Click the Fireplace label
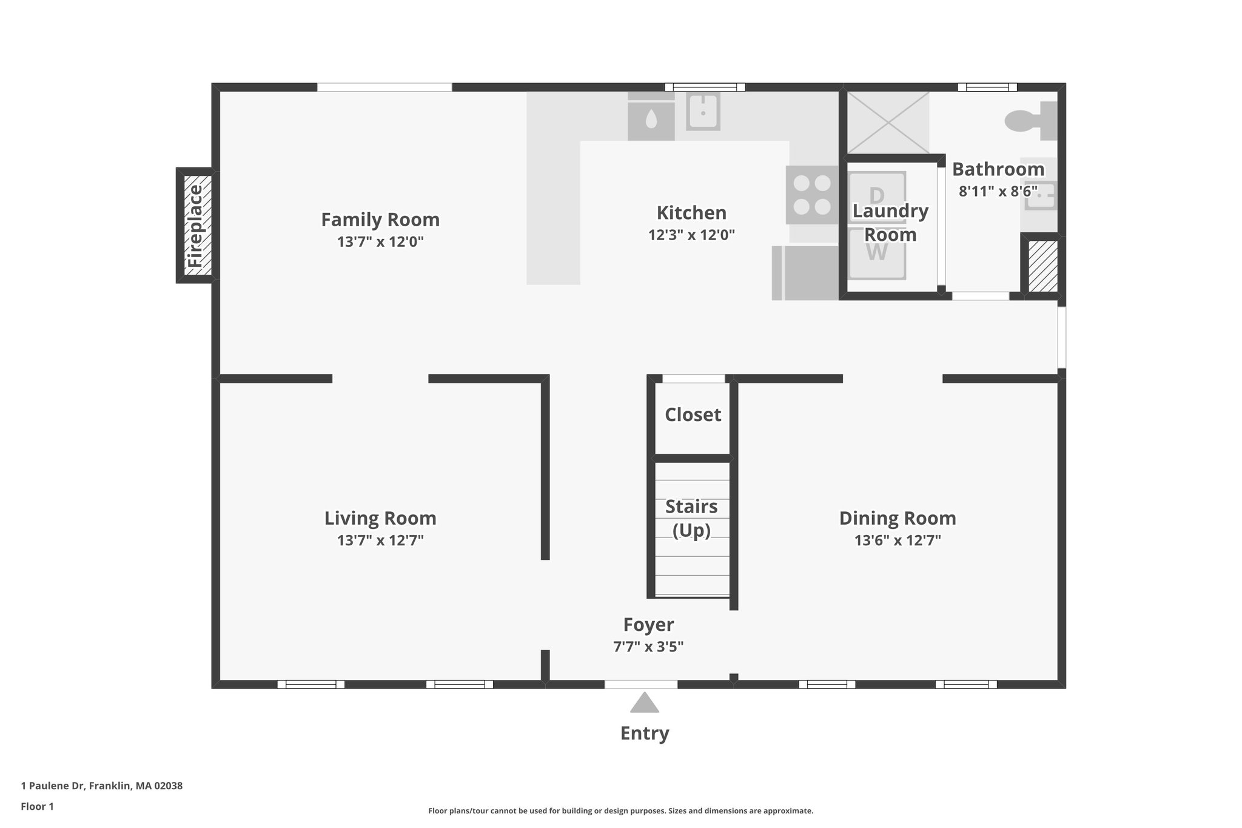click(195, 226)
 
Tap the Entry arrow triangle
click(644, 703)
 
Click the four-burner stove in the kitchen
click(812, 195)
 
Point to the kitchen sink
click(703, 112)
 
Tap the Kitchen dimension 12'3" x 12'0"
click(691, 235)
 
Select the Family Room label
click(380, 220)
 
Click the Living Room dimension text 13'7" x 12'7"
click(380, 540)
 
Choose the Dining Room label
click(898, 518)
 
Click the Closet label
click(693, 415)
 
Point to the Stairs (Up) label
click(691, 518)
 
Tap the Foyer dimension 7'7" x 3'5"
click(648, 647)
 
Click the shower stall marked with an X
click(887, 123)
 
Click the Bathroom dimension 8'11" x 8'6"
click(998, 191)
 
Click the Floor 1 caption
click(38, 806)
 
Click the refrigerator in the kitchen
click(805, 273)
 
